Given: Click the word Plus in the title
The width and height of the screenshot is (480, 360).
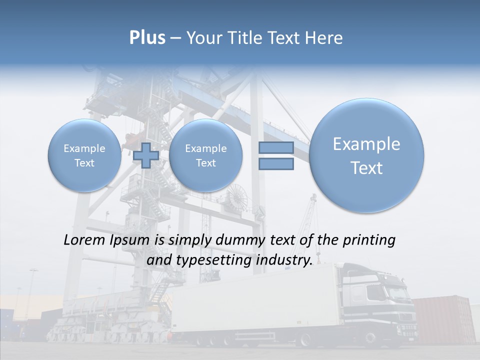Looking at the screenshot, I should coord(147,38).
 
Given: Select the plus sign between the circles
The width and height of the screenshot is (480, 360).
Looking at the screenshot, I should coord(146,155).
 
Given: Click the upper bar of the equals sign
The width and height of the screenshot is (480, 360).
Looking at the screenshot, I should coord(276,148).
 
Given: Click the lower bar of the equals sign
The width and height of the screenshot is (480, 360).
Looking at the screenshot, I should coord(276,164).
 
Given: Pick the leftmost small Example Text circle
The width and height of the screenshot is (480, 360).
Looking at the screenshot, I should coord(84,155).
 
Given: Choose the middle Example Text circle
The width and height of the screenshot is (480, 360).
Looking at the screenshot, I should coord(205,155).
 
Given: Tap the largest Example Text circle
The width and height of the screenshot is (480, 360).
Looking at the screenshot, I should coord(366,155).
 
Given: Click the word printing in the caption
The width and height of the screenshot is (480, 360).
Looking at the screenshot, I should coord(370,240).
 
